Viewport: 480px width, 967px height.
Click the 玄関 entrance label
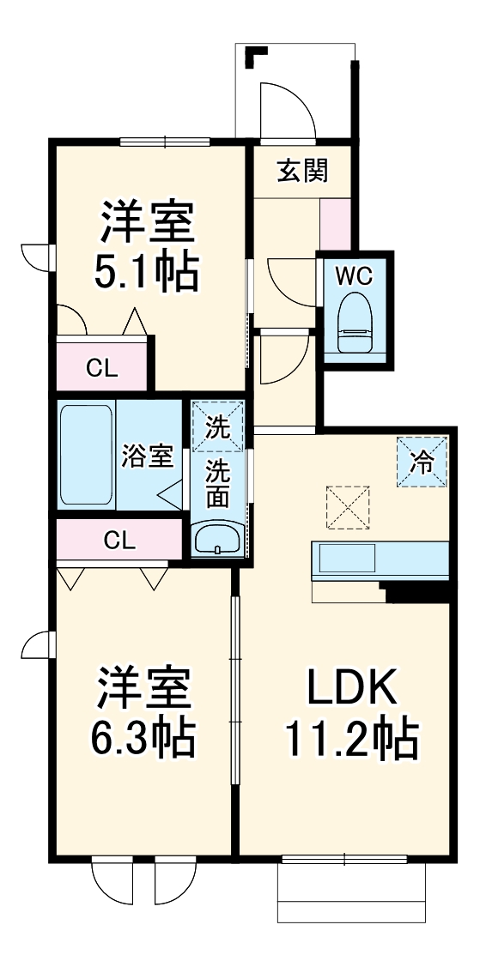coord(302,171)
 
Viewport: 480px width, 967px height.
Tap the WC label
coord(354,275)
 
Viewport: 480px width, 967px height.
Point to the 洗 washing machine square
coord(217,426)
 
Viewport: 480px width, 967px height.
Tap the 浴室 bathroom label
coord(147,456)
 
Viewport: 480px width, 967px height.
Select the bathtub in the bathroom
coord(86,455)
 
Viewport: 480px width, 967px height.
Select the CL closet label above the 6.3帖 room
coord(119,540)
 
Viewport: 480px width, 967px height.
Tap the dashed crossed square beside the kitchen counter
coord(348,510)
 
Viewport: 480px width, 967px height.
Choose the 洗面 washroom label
coord(217,484)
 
